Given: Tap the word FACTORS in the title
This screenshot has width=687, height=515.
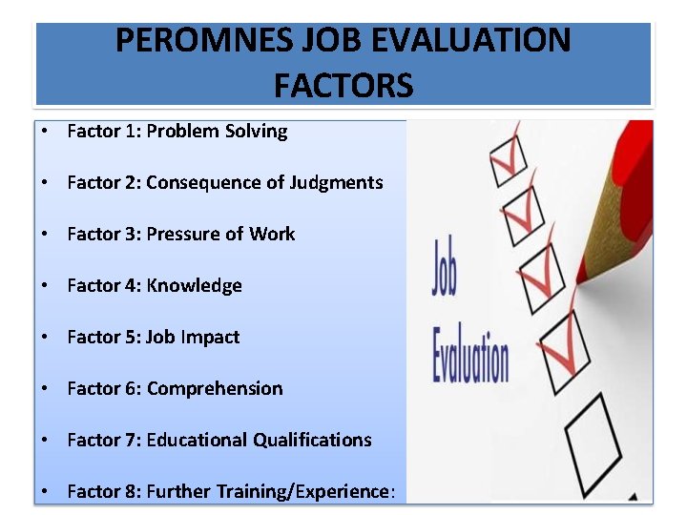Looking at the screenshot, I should (x=343, y=86).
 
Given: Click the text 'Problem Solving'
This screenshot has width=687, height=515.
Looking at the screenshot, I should (x=217, y=132).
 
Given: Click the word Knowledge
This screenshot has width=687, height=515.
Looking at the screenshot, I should (x=195, y=286).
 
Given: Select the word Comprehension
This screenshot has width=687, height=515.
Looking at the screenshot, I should (x=215, y=389).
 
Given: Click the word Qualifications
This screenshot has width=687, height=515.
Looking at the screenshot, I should (x=312, y=441).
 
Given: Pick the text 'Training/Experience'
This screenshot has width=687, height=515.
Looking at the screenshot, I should (x=306, y=492).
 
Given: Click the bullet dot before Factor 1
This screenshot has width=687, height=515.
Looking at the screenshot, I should (x=44, y=132).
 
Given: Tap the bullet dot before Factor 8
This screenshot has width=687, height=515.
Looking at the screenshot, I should (x=44, y=492).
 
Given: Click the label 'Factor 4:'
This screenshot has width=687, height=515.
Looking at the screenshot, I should (x=104, y=286).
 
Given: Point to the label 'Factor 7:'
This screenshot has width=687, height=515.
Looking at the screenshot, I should (x=104, y=441).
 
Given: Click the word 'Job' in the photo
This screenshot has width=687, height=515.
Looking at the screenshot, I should (x=445, y=268).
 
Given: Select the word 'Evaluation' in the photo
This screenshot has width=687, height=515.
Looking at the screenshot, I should (x=470, y=353).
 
